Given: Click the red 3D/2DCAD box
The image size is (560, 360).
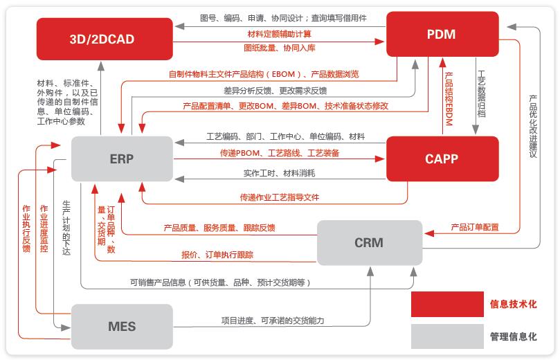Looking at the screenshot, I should (x=102, y=39).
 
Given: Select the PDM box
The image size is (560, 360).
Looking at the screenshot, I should (x=442, y=33).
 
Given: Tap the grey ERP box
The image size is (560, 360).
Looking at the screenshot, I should (x=121, y=159).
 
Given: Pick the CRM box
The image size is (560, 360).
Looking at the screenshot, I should (x=369, y=242).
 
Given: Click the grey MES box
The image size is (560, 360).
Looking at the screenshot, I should (x=122, y=325).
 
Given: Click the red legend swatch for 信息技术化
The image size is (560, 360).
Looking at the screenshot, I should (x=446, y=304).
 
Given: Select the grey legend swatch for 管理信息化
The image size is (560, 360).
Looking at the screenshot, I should (x=446, y=336).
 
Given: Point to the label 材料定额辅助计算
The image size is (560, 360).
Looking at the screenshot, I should (x=279, y=34).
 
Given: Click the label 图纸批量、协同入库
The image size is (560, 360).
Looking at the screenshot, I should (x=280, y=48).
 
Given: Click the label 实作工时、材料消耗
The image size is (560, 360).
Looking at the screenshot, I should (x=279, y=172).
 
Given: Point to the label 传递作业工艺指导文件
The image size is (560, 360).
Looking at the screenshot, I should (x=280, y=197).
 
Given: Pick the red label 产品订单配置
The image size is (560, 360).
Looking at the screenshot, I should (x=475, y=226).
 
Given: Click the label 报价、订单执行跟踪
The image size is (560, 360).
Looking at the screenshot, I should (x=217, y=255).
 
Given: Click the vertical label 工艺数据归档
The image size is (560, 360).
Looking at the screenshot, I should (x=482, y=93).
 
